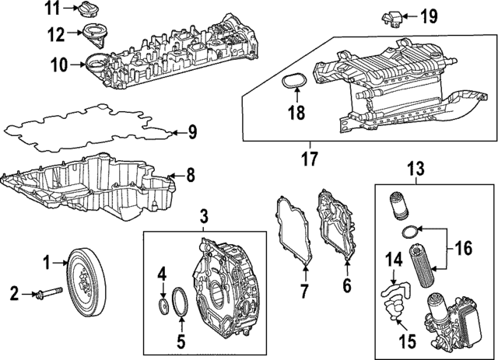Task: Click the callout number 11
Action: click(x=51, y=9)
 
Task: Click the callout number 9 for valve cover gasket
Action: click(x=192, y=132)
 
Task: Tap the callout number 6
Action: click(x=348, y=285)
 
